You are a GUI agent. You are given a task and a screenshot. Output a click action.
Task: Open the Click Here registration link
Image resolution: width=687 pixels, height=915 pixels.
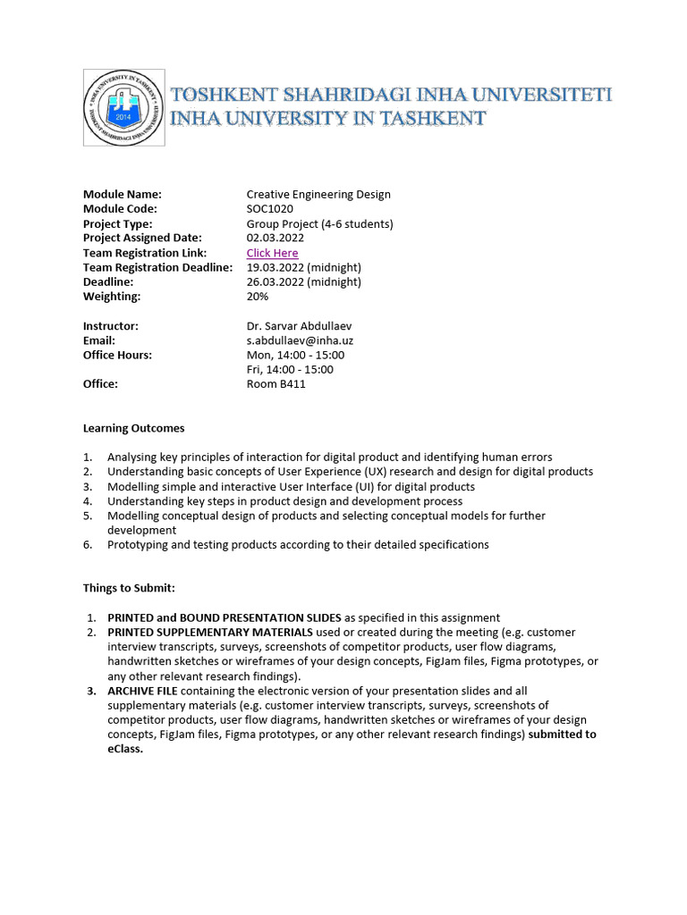(x=272, y=253)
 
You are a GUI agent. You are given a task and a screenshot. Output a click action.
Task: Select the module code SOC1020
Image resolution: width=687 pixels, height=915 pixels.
(x=269, y=209)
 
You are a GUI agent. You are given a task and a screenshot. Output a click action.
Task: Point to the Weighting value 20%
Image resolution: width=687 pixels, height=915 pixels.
(x=258, y=296)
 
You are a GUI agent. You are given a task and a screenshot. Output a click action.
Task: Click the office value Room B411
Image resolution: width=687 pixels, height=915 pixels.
(x=276, y=383)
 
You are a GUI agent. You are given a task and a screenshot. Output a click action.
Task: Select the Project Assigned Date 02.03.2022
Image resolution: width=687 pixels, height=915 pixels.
(x=275, y=238)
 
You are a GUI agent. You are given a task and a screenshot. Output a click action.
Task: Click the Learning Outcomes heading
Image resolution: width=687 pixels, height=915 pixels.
(x=133, y=428)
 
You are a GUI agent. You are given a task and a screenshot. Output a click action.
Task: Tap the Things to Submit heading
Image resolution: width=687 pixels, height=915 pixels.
(x=129, y=588)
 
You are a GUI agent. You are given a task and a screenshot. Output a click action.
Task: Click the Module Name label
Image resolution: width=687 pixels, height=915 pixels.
(x=122, y=194)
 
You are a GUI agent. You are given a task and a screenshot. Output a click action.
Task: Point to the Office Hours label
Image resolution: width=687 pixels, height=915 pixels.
(x=117, y=355)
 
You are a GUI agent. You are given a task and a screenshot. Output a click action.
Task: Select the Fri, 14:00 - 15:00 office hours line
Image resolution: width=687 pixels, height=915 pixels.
(x=290, y=369)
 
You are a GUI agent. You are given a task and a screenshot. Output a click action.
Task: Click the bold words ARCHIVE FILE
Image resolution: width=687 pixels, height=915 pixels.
(x=146, y=691)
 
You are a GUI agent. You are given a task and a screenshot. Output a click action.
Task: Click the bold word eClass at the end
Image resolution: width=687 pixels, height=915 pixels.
(x=125, y=749)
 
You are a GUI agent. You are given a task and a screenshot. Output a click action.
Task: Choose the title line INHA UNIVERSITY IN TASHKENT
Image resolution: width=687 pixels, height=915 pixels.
(x=328, y=118)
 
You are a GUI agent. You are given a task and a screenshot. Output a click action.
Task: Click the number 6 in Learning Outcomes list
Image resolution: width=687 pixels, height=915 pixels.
(x=88, y=544)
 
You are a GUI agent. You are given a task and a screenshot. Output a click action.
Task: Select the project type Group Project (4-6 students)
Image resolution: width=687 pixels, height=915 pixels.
(x=319, y=223)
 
